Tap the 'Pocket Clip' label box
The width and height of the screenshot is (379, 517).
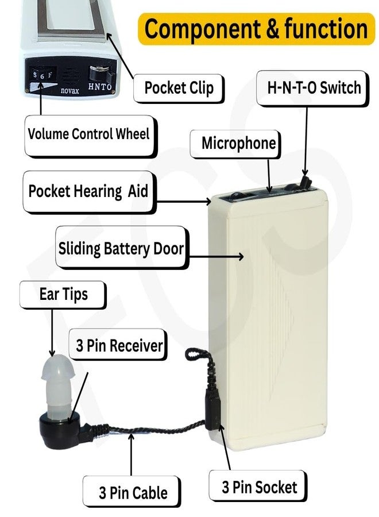(179, 88)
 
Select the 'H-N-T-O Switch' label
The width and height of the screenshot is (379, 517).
(314, 88)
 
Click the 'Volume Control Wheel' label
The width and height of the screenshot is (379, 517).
(89, 134)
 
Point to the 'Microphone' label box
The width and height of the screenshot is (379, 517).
(238, 144)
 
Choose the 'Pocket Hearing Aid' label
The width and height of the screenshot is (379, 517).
(88, 191)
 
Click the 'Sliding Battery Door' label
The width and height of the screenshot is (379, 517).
(121, 249)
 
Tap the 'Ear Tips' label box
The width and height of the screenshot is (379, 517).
(63, 295)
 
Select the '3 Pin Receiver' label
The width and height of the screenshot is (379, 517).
(119, 346)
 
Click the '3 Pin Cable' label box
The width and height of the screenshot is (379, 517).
(133, 492)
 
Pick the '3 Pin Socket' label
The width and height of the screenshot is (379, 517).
(260, 488)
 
